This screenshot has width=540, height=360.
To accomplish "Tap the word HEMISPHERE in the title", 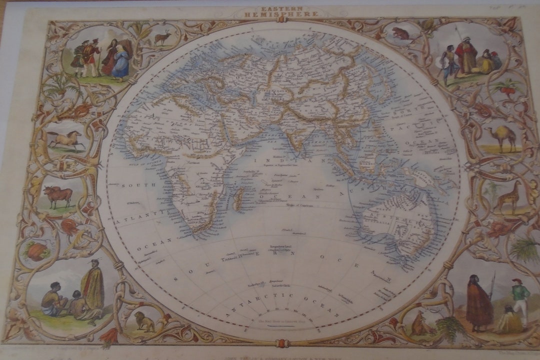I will tap(280, 14).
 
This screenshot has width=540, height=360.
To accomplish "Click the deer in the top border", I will tap(162, 37).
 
